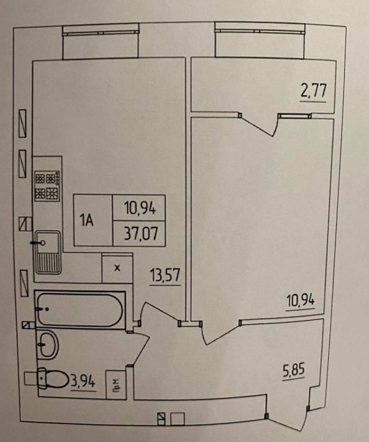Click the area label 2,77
tap(313, 91)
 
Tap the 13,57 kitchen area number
tap(165, 275)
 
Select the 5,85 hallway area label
tap(293, 370)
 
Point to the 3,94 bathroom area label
tap(83, 382)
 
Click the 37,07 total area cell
tap(139, 233)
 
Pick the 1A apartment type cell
tap(93, 220)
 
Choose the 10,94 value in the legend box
tap(139, 207)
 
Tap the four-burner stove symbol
tap(47, 186)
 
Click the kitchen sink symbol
tap(48, 252)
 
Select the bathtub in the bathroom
tap(80, 310)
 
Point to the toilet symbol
tap(53, 378)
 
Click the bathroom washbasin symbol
tap(48, 345)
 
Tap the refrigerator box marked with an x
tap(117, 268)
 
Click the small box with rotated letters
tap(116, 385)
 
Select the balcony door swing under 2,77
tap(258, 125)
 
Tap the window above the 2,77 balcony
tap(260, 31)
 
